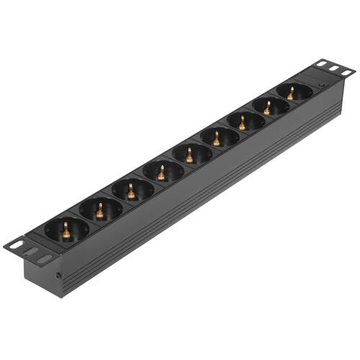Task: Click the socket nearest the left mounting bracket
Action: [x=66, y=230]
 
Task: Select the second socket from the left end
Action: [x=100, y=210]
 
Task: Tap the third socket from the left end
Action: [x=132, y=191]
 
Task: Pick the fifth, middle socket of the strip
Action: [x=189, y=154]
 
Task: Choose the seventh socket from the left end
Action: [x=242, y=122]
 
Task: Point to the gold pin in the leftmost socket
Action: [x=66, y=230]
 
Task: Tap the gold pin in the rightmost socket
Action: [x=291, y=93]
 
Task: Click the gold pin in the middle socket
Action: [x=189, y=154]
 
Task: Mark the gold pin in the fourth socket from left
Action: [x=161, y=172]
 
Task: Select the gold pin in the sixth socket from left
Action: [x=216, y=138]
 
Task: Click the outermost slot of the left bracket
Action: [x=16, y=246]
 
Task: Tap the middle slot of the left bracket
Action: [x=30, y=252]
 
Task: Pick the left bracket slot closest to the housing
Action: [x=45, y=258]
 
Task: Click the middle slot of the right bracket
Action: [x=333, y=69]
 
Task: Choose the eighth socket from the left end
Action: [x=267, y=107]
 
